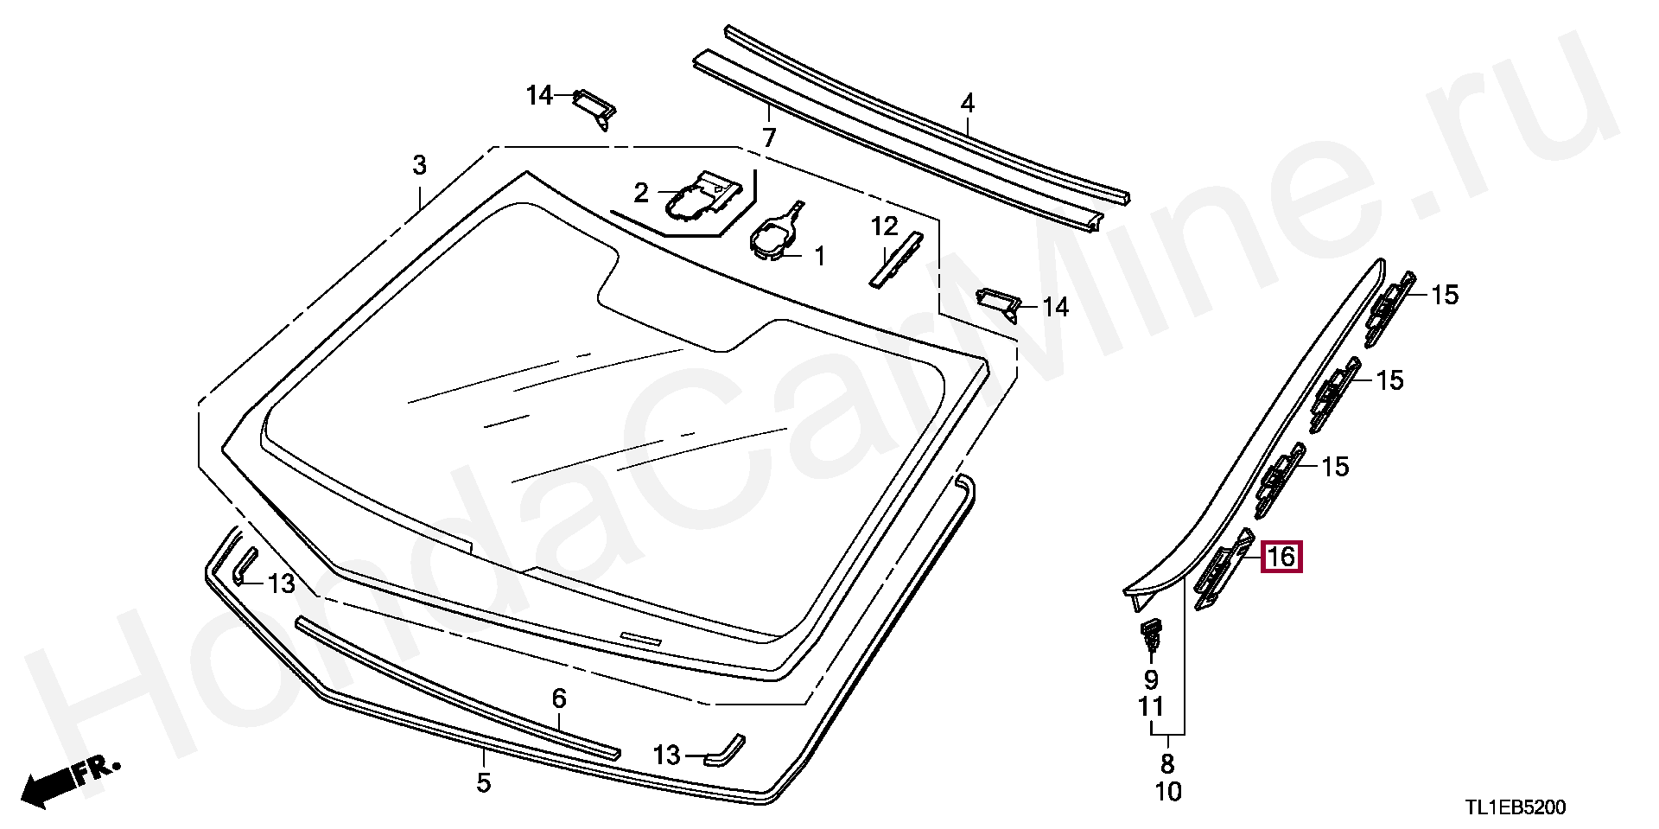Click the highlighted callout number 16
point(1281,557)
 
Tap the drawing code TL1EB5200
point(1515,807)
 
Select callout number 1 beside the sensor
point(818,256)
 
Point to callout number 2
point(640,193)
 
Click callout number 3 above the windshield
point(419,165)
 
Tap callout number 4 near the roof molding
point(968,104)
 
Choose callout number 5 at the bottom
point(484,783)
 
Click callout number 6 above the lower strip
point(559,698)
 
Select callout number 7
point(769,137)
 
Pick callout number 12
point(884,226)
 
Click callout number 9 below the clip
point(1151,679)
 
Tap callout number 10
point(1167,792)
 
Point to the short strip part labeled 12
point(895,260)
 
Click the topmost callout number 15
point(1445,296)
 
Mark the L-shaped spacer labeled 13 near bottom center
point(724,750)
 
